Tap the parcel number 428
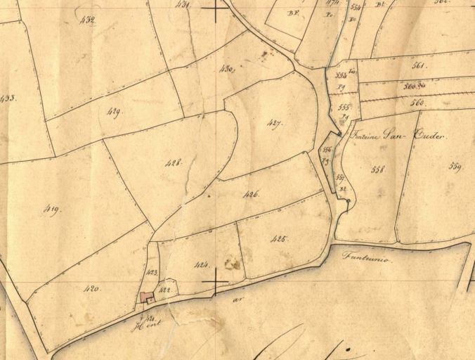(174, 162)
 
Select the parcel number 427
(274, 123)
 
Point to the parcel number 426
(251, 193)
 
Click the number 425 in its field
(279, 239)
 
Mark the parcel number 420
(92, 288)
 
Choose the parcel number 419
(51, 209)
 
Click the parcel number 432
(87, 20)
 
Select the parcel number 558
(378, 169)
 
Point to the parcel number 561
(419, 65)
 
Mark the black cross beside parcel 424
(214, 284)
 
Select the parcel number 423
(150, 273)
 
